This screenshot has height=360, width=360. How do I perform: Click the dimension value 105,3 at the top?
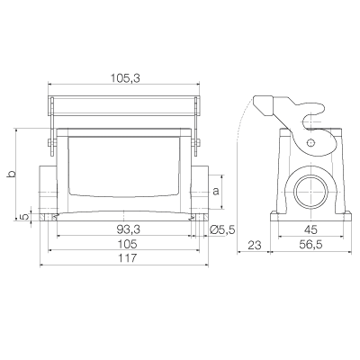pyautogui.click(x=125, y=78)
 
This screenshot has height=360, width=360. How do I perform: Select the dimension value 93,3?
pyautogui.click(x=129, y=229)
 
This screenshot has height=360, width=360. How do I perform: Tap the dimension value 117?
pyautogui.click(x=127, y=258)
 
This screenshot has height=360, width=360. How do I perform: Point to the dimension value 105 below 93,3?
pyautogui.click(x=127, y=244)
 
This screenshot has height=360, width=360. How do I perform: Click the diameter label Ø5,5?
pyautogui.click(x=222, y=229)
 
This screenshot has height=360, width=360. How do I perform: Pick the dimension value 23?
pyautogui.click(x=255, y=245)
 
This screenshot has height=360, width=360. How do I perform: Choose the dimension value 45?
pyautogui.click(x=310, y=229)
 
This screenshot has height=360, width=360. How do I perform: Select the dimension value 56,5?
pyautogui.click(x=310, y=245)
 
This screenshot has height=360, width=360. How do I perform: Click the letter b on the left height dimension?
pyautogui.click(x=11, y=175)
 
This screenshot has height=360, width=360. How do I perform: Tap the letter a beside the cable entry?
pyautogui.click(x=216, y=191)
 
